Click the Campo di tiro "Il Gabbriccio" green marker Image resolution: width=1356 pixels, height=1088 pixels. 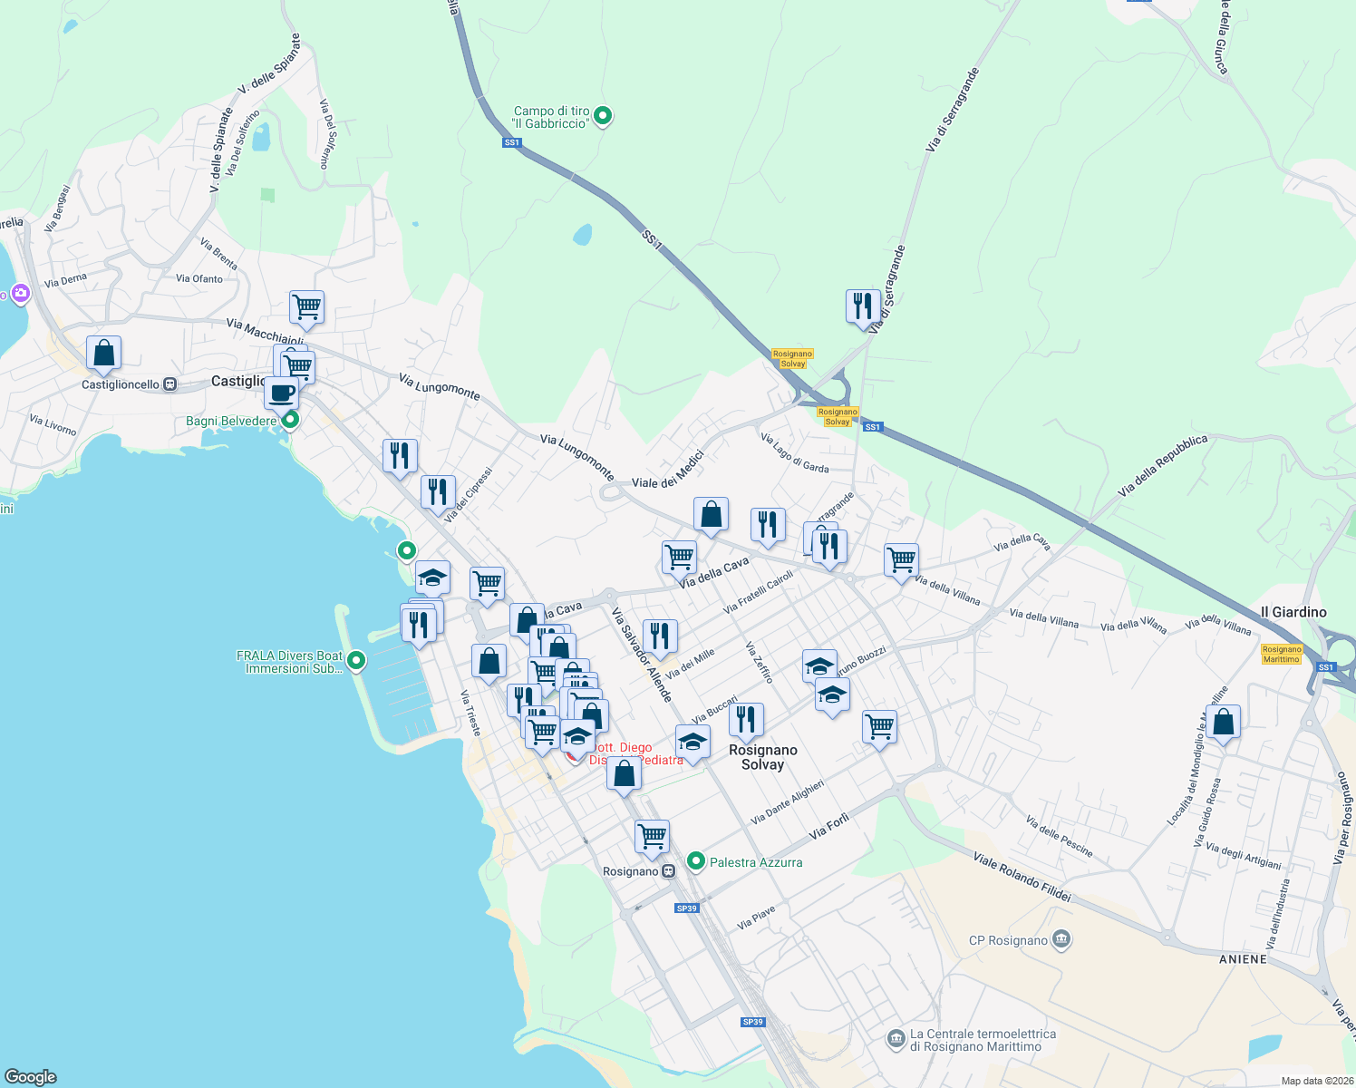pyautogui.click(x=603, y=116)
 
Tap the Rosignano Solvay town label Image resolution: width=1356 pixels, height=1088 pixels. pyautogui.click(x=762, y=757)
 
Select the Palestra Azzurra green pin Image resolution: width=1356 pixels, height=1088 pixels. pyautogui.click(x=695, y=861)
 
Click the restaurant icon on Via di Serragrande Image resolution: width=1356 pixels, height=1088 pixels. pyautogui.click(x=863, y=306)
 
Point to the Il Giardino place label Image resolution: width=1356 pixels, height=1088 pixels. pyautogui.click(x=1293, y=612)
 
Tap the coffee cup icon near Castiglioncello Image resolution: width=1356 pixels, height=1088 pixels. pyautogui.click(x=282, y=393)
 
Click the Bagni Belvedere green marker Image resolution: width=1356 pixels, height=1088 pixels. pyautogui.click(x=290, y=420)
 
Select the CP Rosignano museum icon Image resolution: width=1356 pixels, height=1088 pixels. pyautogui.click(x=1061, y=939)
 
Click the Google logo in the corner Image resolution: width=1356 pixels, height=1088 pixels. pyautogui.click(x=30, y=1076)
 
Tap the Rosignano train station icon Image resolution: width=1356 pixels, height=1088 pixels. pyautogui.click(x=669, y=871)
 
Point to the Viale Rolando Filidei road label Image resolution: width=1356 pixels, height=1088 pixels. pyautogui.click(x=1022, y=876)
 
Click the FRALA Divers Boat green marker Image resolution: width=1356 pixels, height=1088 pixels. pyautogui.click(x=356, y=661)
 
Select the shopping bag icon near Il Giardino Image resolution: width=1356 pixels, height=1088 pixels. pyautogui.click(x=1224, y=723)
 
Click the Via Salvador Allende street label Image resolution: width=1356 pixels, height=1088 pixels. pyautogui.click(x=642, y=655)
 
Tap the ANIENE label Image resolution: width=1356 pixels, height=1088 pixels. pyautogui.click(x=1243, y=958)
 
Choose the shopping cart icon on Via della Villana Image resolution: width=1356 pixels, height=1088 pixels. pyautogui.click(x=901, y=559)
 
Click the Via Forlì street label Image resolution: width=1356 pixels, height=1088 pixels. pyautogui.click(x=829, y=825)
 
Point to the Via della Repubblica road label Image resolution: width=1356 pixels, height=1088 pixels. pyautogui.click(x=1163, y=464)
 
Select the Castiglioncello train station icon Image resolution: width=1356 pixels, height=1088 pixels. pyautogui.click(x=169, y=384)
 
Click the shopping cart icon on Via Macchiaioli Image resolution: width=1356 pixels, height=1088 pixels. pyautogui.click(x=307, y=307)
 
